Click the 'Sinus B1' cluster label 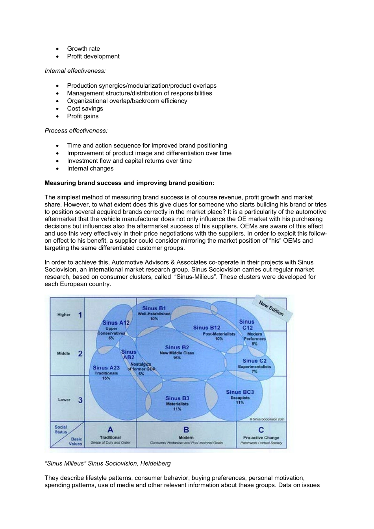154,308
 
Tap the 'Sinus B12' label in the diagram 206,328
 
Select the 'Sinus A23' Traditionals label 106,368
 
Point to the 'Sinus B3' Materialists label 177,398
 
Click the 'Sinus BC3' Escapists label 240,392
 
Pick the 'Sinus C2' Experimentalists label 254,361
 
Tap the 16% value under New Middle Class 177,358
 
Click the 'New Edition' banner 271,308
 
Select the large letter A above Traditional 110,429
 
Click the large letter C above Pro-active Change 261,430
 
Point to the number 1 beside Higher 80,315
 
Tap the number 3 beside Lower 80,400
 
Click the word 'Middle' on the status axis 63,353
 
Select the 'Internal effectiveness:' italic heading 75,71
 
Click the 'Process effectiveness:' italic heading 76,131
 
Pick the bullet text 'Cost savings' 85,109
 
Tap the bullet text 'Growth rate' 83,49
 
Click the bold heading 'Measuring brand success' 129,183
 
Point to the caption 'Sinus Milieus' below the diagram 108,463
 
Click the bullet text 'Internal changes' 90,168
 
